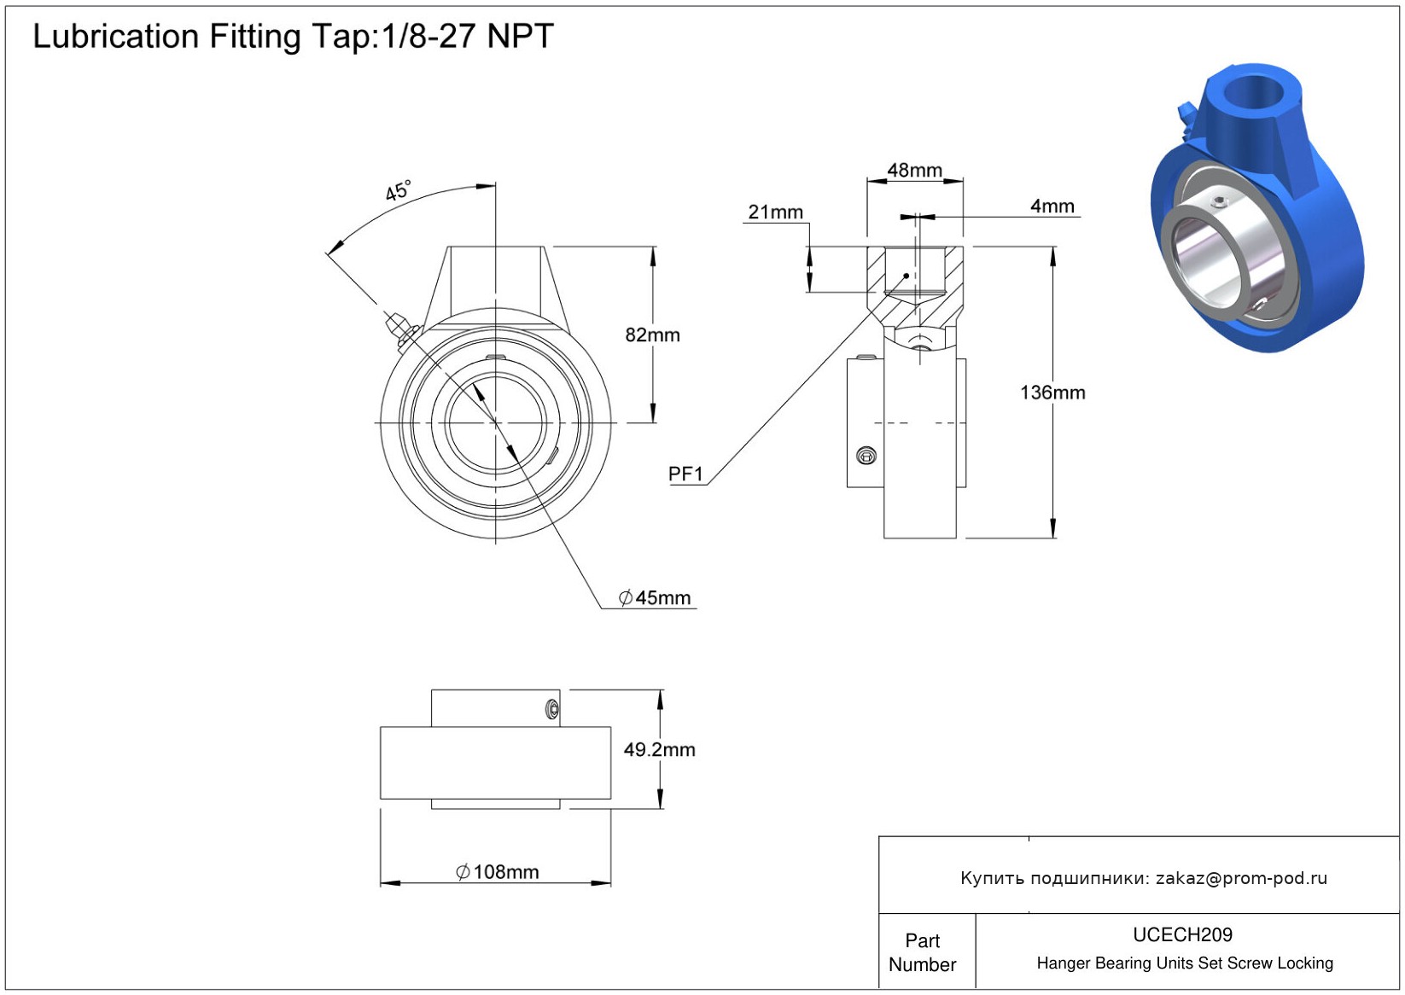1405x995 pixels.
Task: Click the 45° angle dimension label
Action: [398, 190]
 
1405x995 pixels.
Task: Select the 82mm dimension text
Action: [652, 335]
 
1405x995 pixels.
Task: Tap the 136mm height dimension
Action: [1052, 393]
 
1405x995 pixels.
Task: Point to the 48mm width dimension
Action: [914, 171]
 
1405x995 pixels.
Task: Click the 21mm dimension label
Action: [775, 212]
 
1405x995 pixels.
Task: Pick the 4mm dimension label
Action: [1052, 207]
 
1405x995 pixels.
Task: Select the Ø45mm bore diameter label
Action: [655, 598]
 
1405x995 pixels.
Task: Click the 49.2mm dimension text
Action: [659, 750]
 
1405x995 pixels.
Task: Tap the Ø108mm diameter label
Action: [498, 872]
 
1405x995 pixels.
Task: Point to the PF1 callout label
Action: [685, 474]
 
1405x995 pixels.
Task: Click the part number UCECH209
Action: [1182, 935]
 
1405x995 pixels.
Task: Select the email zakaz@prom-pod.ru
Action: [1241, 878]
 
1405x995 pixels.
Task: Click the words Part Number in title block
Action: [922, 952]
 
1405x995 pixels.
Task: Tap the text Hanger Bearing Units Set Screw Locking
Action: [1184, 963]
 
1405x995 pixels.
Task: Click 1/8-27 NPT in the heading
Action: [468, 37]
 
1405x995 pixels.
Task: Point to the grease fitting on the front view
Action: [397, 329]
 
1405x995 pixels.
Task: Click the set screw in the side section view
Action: [866, 456]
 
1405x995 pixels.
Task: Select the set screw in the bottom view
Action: [552, 709]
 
